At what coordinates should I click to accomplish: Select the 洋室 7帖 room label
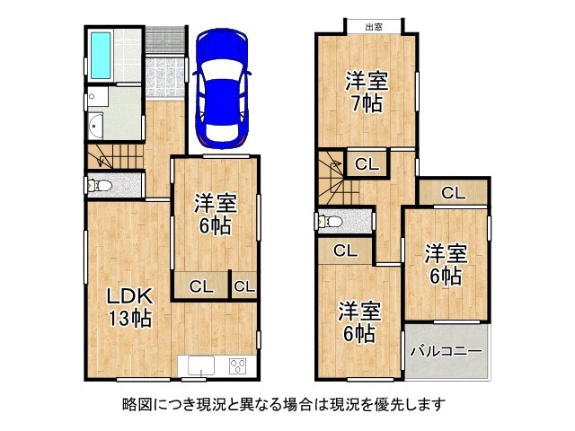click(367, 91)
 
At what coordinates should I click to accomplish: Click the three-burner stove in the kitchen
click(239, 365)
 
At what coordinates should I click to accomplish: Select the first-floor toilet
click(101, 186)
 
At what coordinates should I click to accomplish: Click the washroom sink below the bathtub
click(96, 125)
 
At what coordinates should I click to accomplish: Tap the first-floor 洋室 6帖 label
click(216, 215)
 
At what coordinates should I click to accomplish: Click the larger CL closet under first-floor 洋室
click(200, 286)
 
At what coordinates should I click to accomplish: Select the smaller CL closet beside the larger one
click(244, 286)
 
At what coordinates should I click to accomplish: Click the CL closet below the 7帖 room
click(366, 163)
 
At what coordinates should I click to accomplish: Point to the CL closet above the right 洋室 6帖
click(452, 192)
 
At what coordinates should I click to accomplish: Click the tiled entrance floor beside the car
click(164, 72)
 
